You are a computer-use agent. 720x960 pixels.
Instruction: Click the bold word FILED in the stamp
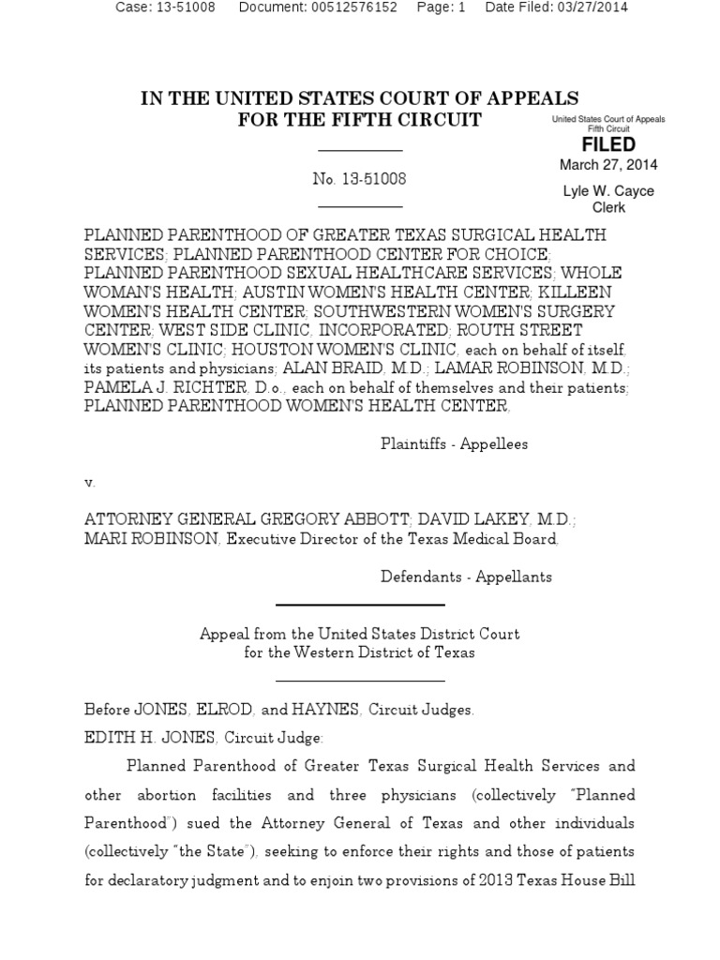pos(608,144)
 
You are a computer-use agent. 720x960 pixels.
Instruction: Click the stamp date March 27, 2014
pos(608,165)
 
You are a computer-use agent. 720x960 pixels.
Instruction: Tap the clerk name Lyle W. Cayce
pos(608,191)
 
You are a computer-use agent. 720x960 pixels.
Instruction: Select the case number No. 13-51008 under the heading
pos(360,178)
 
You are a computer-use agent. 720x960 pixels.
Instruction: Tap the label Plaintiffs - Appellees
pos(454,444)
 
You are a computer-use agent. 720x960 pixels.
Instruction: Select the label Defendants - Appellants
pos(466,577)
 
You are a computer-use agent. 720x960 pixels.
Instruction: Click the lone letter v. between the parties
pos(90,482)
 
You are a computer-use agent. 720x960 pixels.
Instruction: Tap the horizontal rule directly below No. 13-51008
pos(360,206)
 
